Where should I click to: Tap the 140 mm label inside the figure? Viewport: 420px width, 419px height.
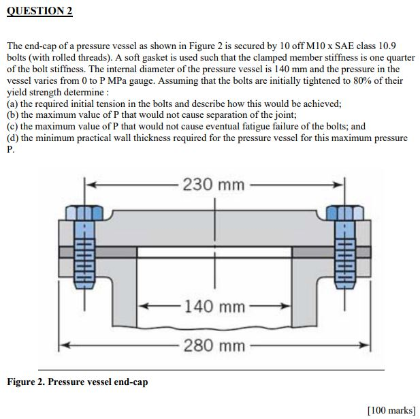tap(214, 307)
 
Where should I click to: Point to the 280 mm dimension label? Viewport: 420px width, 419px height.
tap(214, 346)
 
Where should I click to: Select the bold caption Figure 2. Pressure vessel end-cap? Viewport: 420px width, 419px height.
tap(77, 382)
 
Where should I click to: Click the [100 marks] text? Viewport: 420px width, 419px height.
tap(391, 409)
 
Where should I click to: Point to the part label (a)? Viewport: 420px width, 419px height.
tap(13, 104)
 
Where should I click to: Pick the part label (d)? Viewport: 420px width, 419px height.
tap(13, 138)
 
